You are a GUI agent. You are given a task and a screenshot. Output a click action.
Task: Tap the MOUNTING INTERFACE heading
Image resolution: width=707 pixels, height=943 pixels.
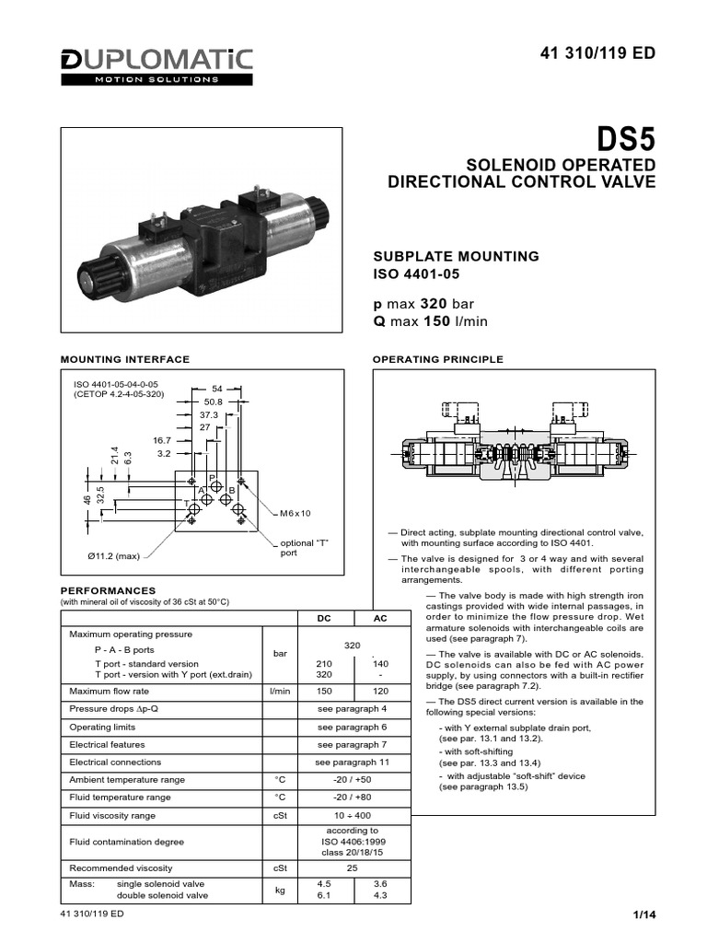124,359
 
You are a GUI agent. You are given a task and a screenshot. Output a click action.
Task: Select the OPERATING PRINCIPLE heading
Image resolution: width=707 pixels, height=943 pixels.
436,359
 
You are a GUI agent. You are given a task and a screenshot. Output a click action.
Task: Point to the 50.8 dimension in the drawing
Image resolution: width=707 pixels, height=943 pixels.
214,402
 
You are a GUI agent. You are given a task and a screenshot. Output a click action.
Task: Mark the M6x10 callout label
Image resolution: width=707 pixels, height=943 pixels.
296,513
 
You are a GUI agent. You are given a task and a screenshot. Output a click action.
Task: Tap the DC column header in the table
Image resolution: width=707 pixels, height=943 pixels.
324,619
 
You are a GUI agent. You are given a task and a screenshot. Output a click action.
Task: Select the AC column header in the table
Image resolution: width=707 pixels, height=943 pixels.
380,619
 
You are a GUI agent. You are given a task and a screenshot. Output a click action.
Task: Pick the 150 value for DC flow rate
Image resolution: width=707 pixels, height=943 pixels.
324,690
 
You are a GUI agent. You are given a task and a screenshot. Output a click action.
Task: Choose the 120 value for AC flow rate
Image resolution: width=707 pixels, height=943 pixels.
380,690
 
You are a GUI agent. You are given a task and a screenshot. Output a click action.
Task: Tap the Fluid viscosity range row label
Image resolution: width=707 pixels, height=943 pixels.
119,815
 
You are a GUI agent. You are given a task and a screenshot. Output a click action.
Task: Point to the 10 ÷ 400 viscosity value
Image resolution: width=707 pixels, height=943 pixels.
352,815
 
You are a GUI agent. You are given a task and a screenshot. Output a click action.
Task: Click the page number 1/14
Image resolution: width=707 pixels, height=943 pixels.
643,914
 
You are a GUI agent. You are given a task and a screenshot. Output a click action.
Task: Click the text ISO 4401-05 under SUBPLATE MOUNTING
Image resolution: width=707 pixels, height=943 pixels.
414,274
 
